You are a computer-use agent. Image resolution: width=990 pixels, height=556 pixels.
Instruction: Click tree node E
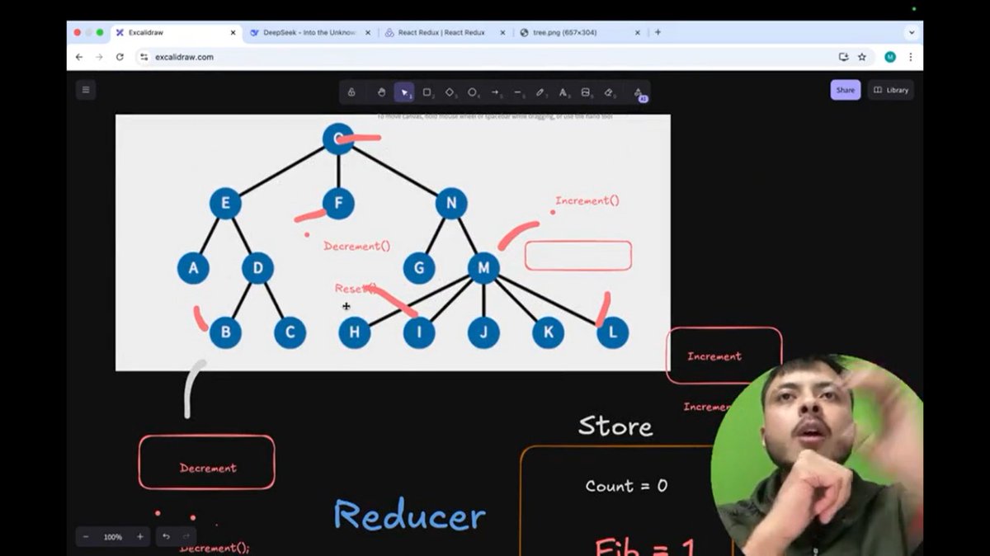(225, 203)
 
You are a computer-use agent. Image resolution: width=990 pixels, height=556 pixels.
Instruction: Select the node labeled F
(338, 203)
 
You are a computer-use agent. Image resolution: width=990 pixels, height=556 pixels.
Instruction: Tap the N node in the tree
(451, 203)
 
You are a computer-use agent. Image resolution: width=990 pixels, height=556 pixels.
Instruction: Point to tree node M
(483, 267)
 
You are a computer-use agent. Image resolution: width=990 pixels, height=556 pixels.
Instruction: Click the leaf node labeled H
(355, 332)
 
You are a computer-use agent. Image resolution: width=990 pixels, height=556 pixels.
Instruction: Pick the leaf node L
(612, 332)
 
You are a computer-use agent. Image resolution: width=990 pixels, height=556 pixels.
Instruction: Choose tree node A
(193, 267)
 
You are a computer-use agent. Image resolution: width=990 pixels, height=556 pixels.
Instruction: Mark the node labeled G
(419, 267)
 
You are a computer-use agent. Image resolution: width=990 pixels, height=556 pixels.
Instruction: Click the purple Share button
(845, 90)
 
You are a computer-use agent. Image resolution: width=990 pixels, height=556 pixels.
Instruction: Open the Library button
(891, 90)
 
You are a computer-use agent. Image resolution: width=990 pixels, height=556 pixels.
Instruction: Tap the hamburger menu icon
(86, 90)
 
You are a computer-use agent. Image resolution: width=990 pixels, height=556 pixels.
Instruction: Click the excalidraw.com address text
(184, 57)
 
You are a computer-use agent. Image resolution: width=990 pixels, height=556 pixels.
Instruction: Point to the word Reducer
(409, 516)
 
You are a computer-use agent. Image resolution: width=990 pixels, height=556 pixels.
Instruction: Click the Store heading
(615, 426)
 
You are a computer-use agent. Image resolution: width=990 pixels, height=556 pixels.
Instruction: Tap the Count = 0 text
(626, 486)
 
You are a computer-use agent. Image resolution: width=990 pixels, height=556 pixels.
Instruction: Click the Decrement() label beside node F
(356, 246)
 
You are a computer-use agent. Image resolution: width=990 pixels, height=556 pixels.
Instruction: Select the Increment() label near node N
(587, 200)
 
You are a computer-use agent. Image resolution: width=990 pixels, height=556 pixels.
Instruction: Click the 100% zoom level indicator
(113, 537)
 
